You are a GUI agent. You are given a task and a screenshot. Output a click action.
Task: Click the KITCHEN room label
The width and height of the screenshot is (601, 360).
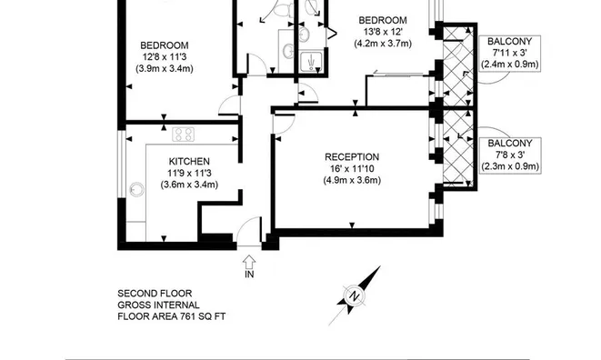(x=189, y=162)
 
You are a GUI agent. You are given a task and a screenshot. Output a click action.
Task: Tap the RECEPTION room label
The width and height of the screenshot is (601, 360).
(x=352, y=156)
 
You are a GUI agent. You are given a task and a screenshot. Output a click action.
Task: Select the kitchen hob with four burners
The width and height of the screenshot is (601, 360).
(x=184, y=135)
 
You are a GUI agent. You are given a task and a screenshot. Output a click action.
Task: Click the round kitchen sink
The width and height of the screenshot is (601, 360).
(x=136, y=189)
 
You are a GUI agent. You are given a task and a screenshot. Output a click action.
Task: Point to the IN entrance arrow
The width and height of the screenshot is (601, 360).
(x=249, y=262)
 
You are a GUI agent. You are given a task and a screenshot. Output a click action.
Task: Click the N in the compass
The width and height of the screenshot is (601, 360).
(x=355, y=296)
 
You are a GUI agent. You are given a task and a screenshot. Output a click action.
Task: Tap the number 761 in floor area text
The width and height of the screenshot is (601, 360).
(x=188, y=316)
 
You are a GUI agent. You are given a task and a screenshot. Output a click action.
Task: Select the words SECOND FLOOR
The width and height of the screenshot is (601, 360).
(x=155, y=294)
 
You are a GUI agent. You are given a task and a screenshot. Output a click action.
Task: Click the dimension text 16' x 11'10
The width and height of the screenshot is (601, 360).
(x=352, y=169)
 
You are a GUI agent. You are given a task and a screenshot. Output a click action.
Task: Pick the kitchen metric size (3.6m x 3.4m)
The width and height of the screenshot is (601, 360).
(x=189, y=185)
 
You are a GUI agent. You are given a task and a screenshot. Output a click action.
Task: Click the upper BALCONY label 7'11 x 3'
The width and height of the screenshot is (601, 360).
(x=510, y=53)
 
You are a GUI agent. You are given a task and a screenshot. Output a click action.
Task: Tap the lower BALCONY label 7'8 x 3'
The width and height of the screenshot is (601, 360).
(x=510, y=155)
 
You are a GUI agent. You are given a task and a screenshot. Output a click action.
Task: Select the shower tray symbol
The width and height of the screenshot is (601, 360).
(x=311, y=61)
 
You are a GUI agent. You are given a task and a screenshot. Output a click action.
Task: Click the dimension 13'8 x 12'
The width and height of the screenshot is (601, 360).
(x=383, y=32)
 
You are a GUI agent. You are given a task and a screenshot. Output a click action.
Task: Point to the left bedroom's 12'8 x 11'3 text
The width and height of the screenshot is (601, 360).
(x=165, y=57)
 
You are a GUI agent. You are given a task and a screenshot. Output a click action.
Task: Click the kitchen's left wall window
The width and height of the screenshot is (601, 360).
(x=122, y=164)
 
